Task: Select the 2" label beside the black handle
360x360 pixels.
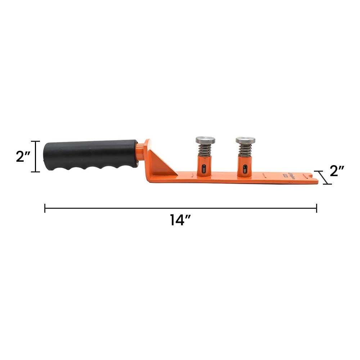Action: pos(23,156)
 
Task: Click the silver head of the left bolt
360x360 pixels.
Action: pos(205,140)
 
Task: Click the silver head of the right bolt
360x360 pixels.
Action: pos(246,140)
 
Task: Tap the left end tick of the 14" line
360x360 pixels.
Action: pos(45,208)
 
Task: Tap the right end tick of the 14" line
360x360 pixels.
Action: pos(316,208)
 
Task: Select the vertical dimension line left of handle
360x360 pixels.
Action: pos(35,156)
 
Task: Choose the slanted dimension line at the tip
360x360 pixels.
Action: pos(323,177)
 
